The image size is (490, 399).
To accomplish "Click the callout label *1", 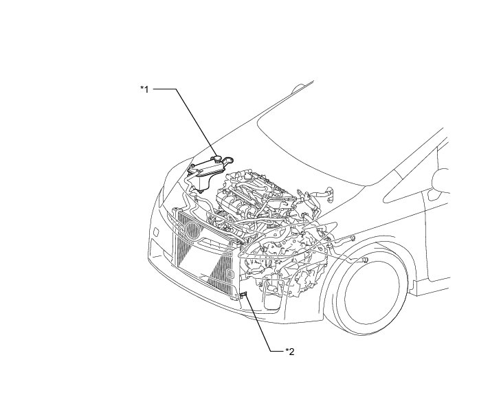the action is pos(144,89).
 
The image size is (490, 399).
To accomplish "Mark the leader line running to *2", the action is pos(265,330).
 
